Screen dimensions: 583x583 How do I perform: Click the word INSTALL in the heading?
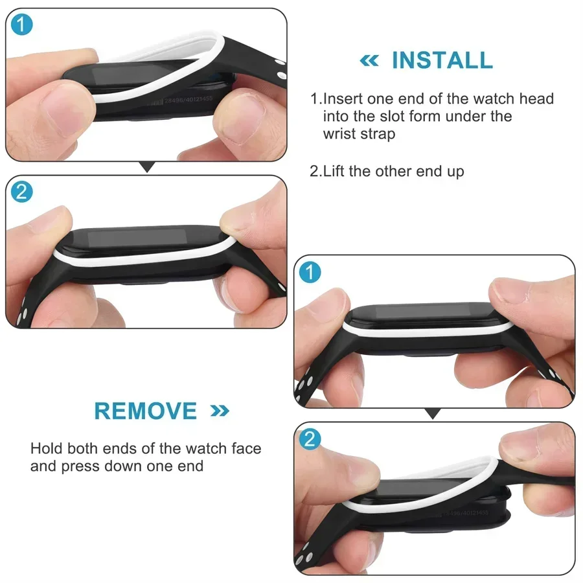[442, 60]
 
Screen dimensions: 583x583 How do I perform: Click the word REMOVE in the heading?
[145, 411]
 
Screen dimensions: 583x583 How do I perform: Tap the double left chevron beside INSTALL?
[369, 61]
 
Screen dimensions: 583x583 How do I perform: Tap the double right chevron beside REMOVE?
[220, 411]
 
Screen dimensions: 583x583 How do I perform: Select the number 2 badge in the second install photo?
[21, 192]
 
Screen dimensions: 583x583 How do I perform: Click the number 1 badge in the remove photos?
[311, 273]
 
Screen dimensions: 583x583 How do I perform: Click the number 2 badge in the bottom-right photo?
[311, 440]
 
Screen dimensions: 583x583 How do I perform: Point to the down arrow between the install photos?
[148, 168]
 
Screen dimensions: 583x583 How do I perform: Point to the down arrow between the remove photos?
[433, 413]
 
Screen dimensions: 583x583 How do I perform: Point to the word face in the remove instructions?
[245, 448]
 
